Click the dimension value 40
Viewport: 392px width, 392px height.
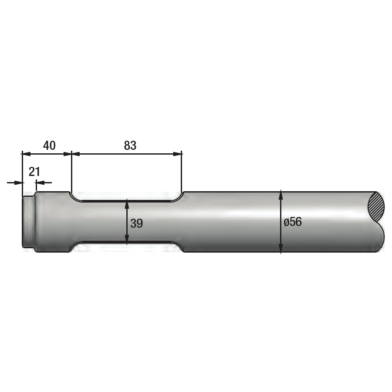coord(49,145)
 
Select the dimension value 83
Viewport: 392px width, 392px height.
coord(130,145)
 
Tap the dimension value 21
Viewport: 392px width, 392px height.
coord(34,172)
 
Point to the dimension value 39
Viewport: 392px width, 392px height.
coord(136,223)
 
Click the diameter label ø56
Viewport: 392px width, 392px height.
coord(293,222)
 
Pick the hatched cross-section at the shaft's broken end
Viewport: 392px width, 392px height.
coord(376,207)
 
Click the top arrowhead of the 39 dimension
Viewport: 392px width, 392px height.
coord(127,203)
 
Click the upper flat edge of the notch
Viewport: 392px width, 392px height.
coord(126,201)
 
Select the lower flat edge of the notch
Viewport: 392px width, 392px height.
coord(126,242)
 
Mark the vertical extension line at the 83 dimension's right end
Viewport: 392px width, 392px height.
coord(182,174)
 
